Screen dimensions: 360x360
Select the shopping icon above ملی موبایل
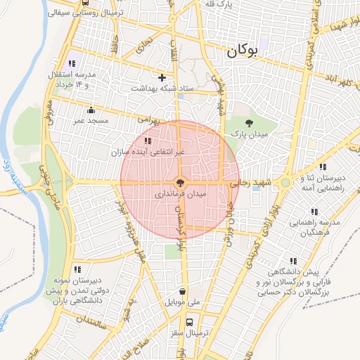pyautogui.click(x=183, y=291)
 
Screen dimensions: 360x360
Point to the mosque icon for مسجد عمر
pyautogui.click(x=91, y=110)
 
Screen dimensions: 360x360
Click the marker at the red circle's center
pyautogui.click(x=181, y=181)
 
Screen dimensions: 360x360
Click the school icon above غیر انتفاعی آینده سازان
pyautogui.click(x=147, y=141)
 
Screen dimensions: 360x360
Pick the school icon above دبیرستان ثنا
pyautogui.click(x=322, y=167)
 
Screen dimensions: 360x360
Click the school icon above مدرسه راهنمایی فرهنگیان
pyautogui.click(x=314, y=212)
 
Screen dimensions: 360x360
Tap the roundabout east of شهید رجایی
pyautogui.click(x=285, y=183)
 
